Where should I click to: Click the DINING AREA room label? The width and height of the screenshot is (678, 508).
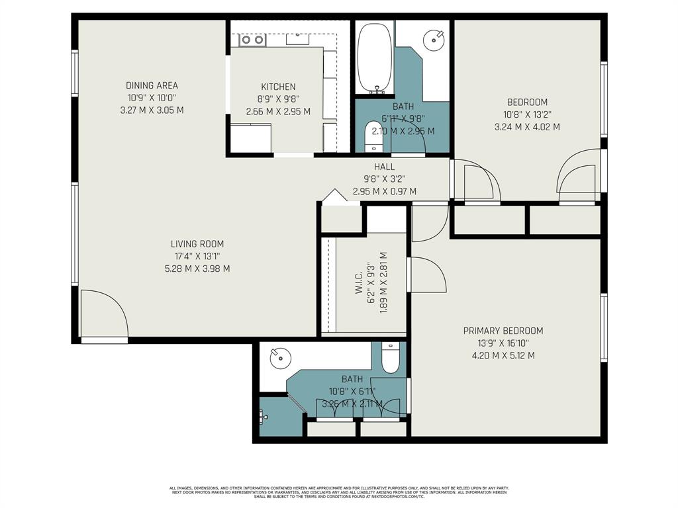click(152, 85)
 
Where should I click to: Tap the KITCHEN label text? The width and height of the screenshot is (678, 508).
click(278, 87)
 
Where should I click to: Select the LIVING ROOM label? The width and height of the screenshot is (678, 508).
click(197, 244)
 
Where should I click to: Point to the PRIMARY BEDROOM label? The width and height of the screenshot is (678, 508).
click(503, 331)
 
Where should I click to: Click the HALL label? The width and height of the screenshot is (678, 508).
click(384, 167)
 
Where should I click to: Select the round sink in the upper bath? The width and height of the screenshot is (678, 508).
click(433, 40)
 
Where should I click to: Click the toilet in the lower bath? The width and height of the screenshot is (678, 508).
click(391, 357)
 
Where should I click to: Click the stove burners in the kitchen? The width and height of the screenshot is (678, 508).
click(252, 40)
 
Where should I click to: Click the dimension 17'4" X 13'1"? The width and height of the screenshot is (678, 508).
click(197, 257)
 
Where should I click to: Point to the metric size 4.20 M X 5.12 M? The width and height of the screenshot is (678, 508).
click(503, 355)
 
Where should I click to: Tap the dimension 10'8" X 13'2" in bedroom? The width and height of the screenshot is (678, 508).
click(527, 114)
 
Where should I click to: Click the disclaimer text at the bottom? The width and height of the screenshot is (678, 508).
click(338, 492)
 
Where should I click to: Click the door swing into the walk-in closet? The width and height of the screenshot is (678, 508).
click(427, 275)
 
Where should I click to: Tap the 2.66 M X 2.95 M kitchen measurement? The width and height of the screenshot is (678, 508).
click(278, 111)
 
